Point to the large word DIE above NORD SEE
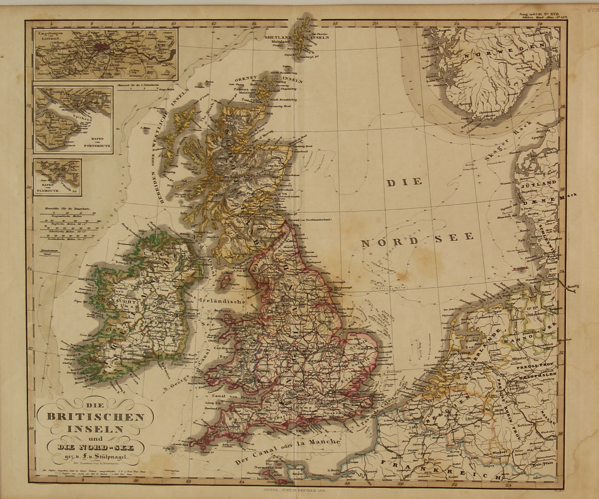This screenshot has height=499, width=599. [404, 182]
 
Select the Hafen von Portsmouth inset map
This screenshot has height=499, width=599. [73, 120]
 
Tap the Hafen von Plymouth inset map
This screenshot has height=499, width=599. [58, 177]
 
